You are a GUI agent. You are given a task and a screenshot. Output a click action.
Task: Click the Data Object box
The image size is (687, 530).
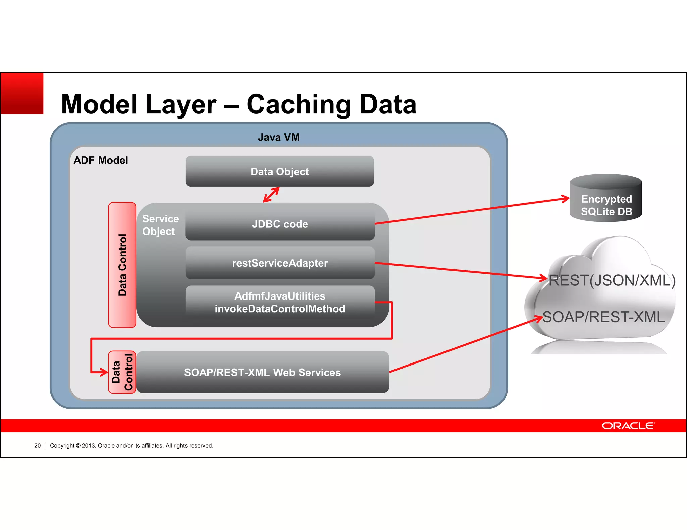(x=279, y=171)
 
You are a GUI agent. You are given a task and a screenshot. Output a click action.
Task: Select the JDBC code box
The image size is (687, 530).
(x=279, y=223)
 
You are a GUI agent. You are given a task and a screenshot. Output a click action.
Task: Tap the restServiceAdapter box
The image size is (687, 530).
(x=279, y=263)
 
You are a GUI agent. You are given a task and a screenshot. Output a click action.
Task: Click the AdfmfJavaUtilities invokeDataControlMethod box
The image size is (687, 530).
(x=279, y=302)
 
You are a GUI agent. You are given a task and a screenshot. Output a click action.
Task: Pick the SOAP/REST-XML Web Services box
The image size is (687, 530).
(x=262, y=372)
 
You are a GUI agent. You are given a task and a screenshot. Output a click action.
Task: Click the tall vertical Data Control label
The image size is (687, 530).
(x=122, y=265)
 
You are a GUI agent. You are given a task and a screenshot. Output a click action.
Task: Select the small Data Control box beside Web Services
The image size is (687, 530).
(x=122, y=372)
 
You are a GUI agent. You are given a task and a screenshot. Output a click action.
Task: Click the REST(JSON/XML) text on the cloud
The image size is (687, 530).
(x=612, y=280)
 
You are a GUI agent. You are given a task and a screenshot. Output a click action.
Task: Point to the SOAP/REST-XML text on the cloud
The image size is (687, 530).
(x=603, y=317)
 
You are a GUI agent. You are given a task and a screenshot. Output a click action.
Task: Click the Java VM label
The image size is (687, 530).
(x=278, y=137)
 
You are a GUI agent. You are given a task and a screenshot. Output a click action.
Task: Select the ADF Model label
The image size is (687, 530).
(x=101, y=160)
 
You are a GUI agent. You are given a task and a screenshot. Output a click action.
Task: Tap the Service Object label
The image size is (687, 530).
(x=160, y=225)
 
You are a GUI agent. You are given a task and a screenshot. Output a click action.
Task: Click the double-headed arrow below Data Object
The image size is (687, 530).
(x=271, y=195)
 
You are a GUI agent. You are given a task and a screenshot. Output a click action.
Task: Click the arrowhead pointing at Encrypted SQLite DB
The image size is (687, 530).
(x=566, y=199)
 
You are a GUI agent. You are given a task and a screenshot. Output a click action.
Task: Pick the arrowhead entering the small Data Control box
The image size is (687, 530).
(x=104, y=372)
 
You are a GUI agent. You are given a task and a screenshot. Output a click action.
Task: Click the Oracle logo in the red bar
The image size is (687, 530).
(x=628, y=425)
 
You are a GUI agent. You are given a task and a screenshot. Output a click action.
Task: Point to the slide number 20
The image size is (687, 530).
(x=37, y=446)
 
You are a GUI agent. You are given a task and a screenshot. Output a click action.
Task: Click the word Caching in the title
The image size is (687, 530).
(x=299, y=104)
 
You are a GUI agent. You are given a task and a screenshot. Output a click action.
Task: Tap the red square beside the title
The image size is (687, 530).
(x=22, y=93)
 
